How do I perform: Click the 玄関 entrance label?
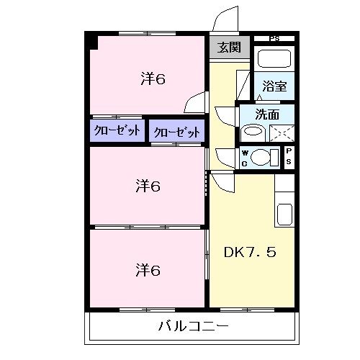230,48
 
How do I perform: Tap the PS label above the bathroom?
274,38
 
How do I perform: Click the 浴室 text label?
275,86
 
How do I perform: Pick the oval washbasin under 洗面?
252,131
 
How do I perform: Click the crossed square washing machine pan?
282,132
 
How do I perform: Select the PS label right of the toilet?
289,156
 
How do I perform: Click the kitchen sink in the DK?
284,214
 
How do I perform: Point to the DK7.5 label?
249,253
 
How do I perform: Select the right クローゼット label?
176,131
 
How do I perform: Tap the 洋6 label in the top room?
153,79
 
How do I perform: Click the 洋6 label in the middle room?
147,187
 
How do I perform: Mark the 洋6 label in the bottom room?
147,270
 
